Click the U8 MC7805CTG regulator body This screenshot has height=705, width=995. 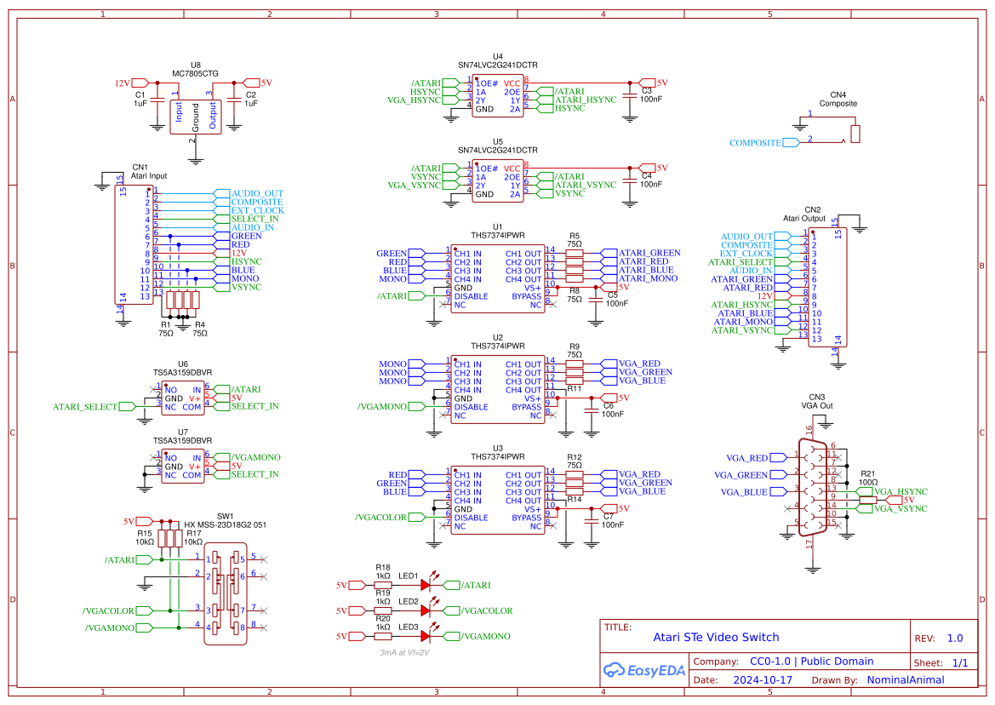[196, 116]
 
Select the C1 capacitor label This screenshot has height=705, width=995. [140, 95]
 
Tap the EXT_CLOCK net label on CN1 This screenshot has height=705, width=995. [258, 210]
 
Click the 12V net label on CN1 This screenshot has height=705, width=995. [239, 253]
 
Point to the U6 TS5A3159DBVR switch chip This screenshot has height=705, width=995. [183, 398]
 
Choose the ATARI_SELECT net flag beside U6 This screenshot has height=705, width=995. [85, 407]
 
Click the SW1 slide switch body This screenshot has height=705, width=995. [226, 594]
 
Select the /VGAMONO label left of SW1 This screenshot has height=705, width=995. [110, 628]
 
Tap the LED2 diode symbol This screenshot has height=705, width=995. [426, 610]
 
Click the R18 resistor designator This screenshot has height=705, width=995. [383, 568]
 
